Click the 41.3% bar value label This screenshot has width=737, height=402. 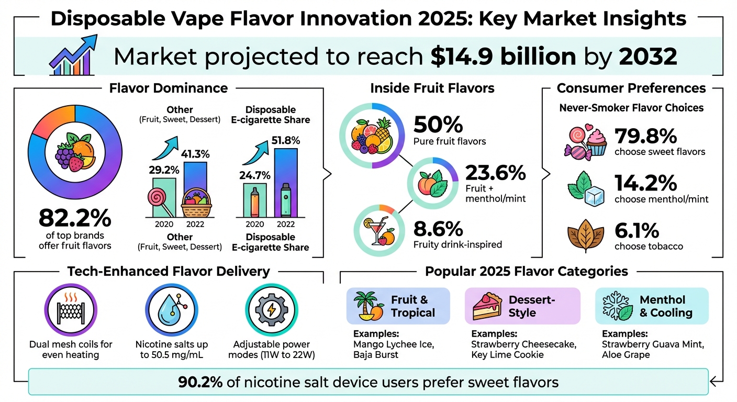195,154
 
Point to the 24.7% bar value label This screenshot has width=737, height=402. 254,175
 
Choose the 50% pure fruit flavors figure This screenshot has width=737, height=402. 439,125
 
